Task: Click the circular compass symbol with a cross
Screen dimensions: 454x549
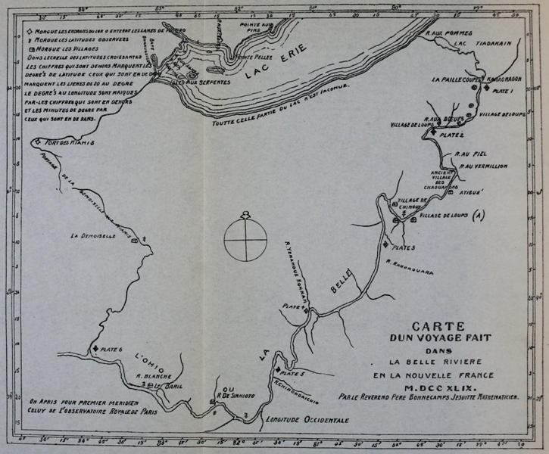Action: (245, 238)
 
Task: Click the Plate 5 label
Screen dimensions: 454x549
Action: (292, 373)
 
